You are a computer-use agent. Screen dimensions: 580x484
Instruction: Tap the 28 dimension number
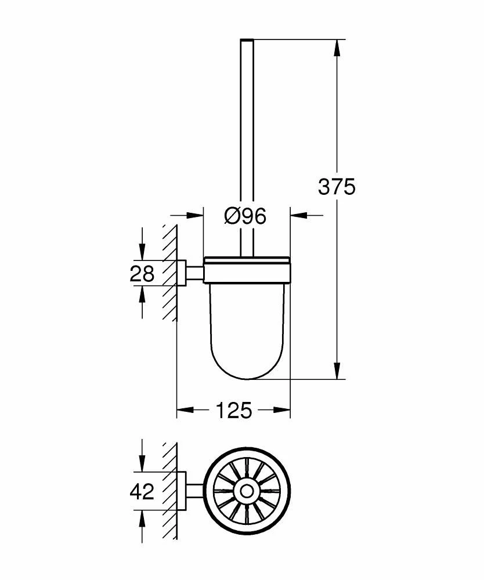(142, 273)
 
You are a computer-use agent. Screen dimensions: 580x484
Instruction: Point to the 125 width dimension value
(234, 411)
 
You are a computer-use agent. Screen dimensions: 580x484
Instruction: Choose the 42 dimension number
(142, 492)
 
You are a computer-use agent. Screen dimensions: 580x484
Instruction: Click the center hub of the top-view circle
(247, 491)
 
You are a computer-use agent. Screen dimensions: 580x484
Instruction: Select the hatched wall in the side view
(169, 273)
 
